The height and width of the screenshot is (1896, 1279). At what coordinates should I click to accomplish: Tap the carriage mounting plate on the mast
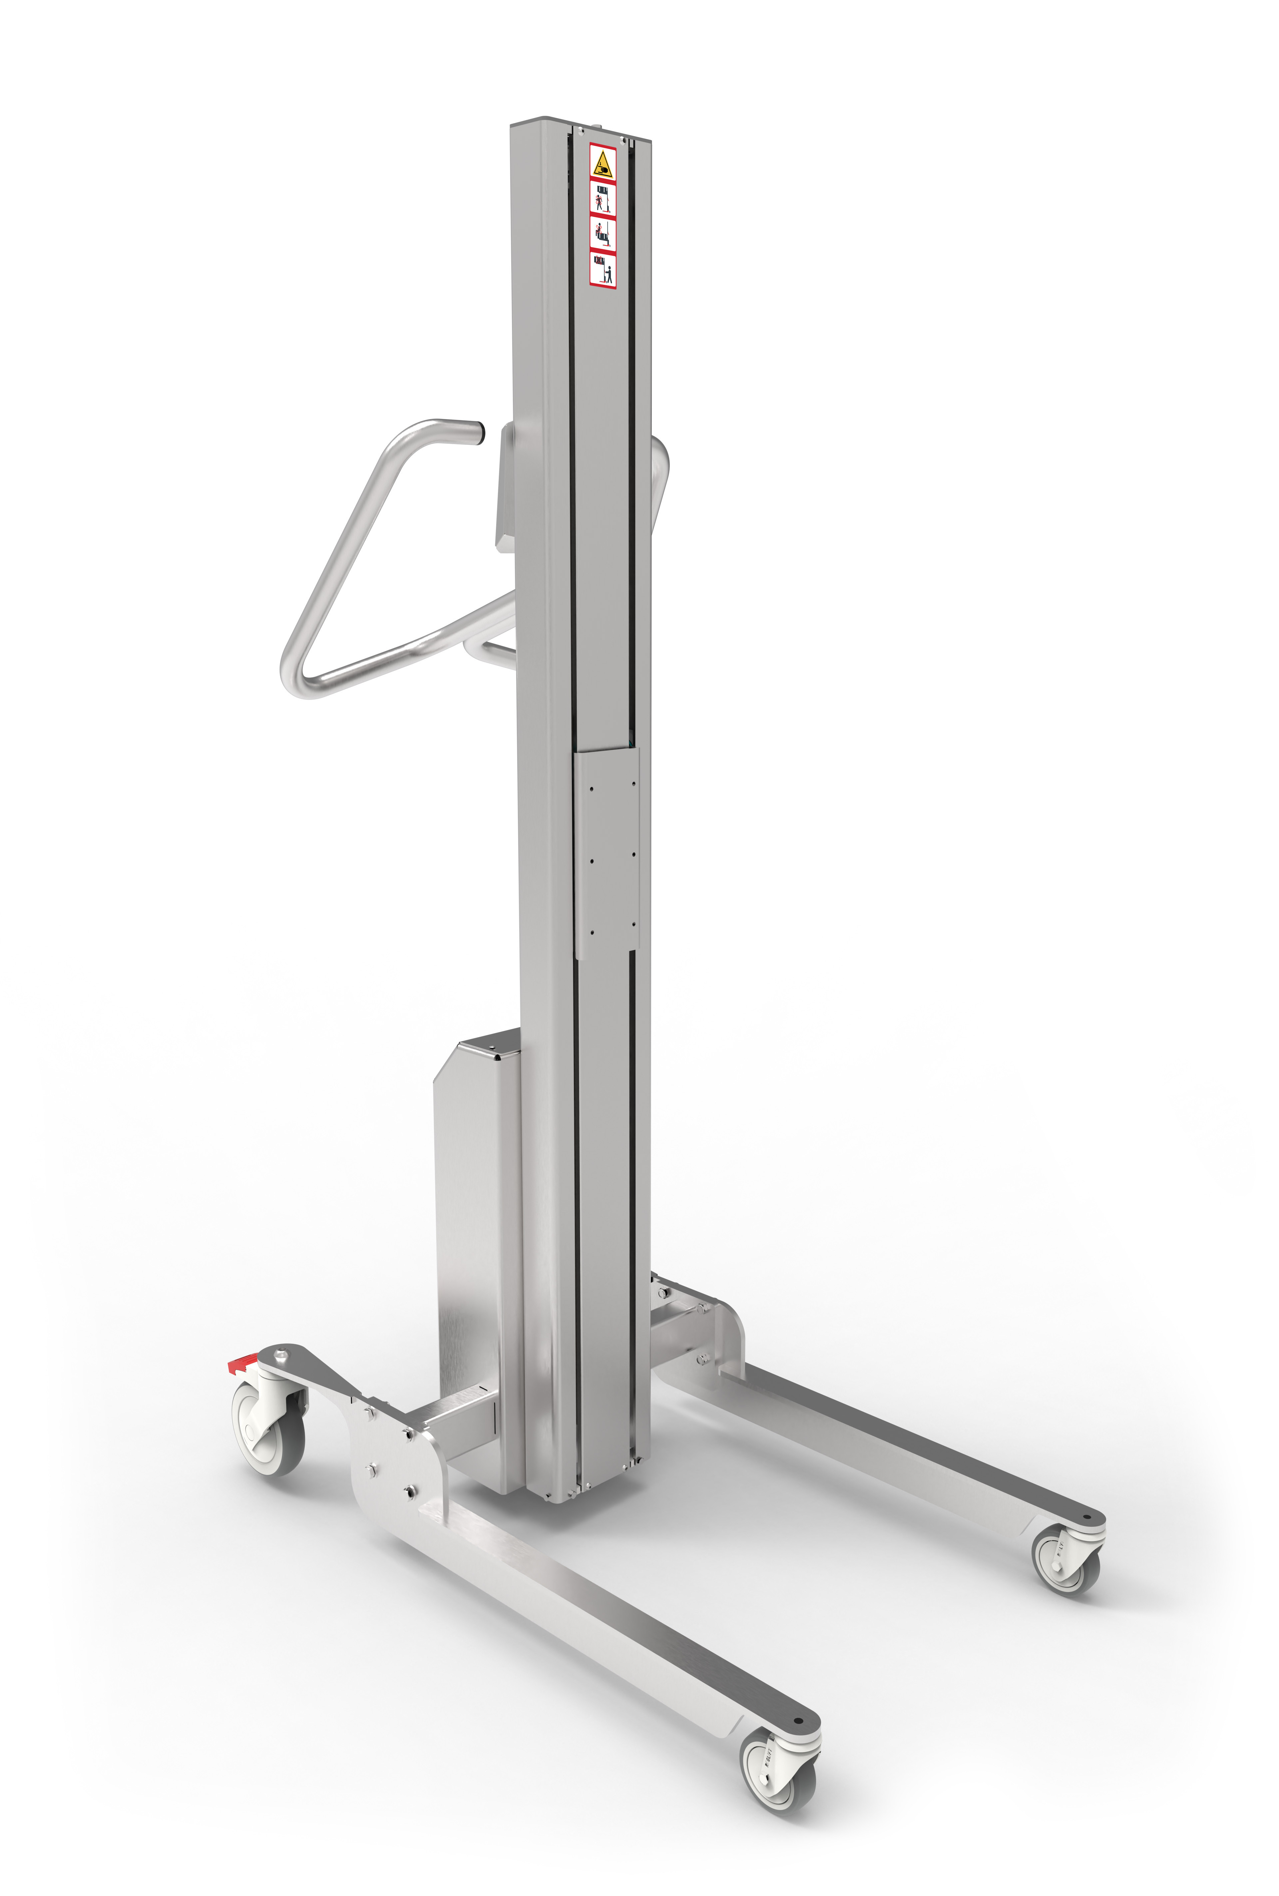point(607,853)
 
